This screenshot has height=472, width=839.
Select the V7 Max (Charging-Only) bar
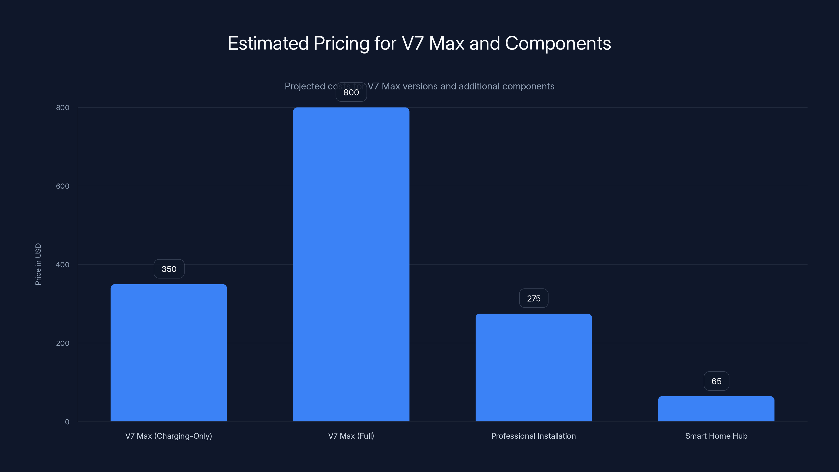169,352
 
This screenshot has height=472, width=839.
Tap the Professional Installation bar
534,367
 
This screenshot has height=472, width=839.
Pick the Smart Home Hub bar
716,409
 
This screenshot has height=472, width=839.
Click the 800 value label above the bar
351,93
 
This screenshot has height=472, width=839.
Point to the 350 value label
169,269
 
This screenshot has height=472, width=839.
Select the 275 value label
534,298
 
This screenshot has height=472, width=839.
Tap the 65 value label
716,381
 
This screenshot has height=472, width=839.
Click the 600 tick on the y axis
63,186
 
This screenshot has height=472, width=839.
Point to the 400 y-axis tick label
63,265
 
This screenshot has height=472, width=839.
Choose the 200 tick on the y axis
63,343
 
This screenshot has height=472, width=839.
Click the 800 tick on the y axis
63,108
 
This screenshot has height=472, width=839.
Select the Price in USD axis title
38,264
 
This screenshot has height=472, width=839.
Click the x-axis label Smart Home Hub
716,436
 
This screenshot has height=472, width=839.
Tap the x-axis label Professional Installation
534,436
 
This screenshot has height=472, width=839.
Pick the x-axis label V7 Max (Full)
351,436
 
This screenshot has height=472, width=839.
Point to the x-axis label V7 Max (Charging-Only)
169,436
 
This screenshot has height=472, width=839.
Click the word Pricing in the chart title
341,43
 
